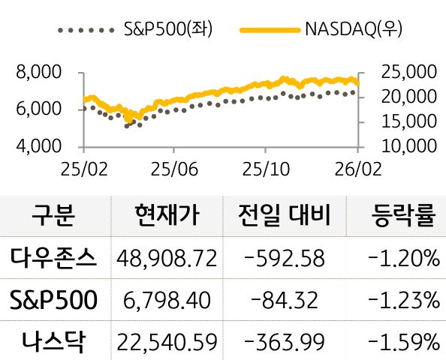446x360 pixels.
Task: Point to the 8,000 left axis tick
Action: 37,73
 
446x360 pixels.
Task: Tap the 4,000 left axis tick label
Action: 37,145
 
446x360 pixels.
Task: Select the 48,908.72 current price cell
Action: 167,259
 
